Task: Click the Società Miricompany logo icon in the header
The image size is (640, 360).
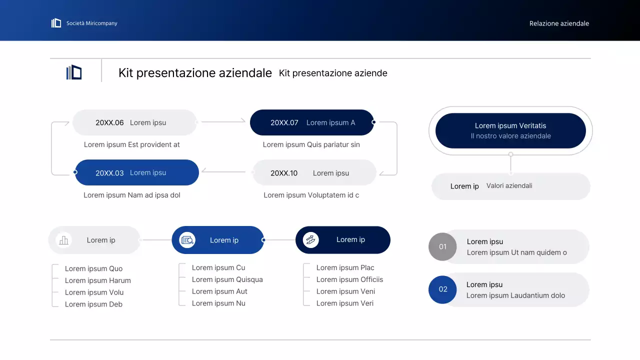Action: [56, 23]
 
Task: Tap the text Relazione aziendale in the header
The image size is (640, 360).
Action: [559, 23]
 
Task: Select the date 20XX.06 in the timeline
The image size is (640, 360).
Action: [109, 122]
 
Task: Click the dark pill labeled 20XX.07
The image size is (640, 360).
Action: [311, 122]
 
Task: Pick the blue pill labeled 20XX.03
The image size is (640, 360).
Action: [136, 172]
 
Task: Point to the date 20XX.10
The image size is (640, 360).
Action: [284, 173]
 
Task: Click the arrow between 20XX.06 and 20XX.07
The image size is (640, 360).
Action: [223, 121]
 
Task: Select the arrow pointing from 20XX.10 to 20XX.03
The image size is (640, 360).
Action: [223, 172]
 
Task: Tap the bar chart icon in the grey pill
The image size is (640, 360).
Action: [63, 240]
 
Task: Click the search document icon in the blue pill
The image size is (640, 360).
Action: [187, 240]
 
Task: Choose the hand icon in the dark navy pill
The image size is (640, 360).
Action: [310, 240]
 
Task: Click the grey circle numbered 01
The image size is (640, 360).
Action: [442, 246]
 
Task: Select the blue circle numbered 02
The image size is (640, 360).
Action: [442, 289]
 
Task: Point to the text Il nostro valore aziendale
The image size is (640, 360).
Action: [510, 136]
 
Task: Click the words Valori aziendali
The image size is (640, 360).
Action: [509, 185]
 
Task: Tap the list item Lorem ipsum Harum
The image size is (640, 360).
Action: [98, 280]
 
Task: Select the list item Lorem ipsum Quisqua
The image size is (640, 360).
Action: [227, 279]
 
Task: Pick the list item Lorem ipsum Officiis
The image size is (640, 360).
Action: [349, 279]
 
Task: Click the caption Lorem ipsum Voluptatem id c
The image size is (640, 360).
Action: [311, 195]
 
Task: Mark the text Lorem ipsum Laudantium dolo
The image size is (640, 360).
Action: [515, 295]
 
